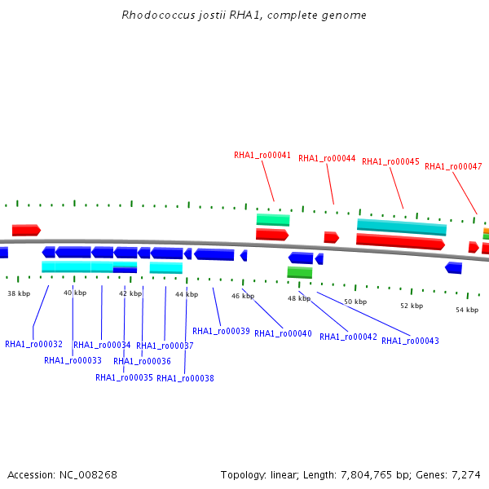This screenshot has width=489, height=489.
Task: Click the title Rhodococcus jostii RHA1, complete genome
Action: tap(244, 15)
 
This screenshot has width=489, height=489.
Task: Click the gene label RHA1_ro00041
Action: tap(262, 155)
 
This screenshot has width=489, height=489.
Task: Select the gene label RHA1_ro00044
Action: tap(327, 158)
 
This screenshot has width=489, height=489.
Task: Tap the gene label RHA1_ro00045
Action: tap(390, 161)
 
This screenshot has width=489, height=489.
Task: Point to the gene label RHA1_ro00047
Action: tap(453, 166)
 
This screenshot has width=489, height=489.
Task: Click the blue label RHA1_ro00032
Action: tap(33, 344)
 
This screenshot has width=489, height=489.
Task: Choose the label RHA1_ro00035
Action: tap(124, 377)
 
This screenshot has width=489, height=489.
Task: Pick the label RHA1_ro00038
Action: tap(185, 378)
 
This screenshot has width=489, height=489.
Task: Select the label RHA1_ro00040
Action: tap(283, 333)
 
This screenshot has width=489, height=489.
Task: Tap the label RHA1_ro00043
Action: tap(410, 341)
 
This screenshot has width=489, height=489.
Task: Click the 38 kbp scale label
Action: tap(19, 293)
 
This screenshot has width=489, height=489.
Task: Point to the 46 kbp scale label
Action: tap(243, 296)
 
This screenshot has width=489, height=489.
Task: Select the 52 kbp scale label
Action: tap(412, 306)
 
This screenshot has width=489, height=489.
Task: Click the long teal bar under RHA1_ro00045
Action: tap(402, 227)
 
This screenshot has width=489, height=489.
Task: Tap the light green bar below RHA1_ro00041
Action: tap(273, 220)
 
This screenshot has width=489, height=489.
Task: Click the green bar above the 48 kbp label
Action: tap(300, 272)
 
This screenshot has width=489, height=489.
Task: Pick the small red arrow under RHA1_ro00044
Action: tap(332, 237)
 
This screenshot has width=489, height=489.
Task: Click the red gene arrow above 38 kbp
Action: tap(27, 230)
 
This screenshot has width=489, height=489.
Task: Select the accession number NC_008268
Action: tap(88, 475)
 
